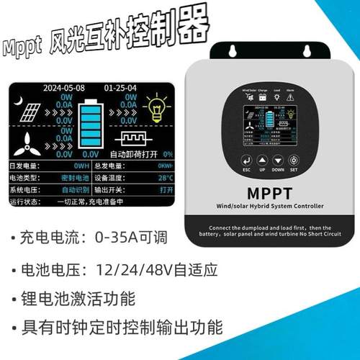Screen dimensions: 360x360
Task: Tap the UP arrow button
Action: click(261, 160)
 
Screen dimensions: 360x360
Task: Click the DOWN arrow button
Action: click(277, 160)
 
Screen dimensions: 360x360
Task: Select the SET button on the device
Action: click(293, 160)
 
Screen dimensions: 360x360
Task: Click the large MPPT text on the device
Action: click(268, 191)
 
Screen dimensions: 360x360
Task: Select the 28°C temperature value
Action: click(165, 177)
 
